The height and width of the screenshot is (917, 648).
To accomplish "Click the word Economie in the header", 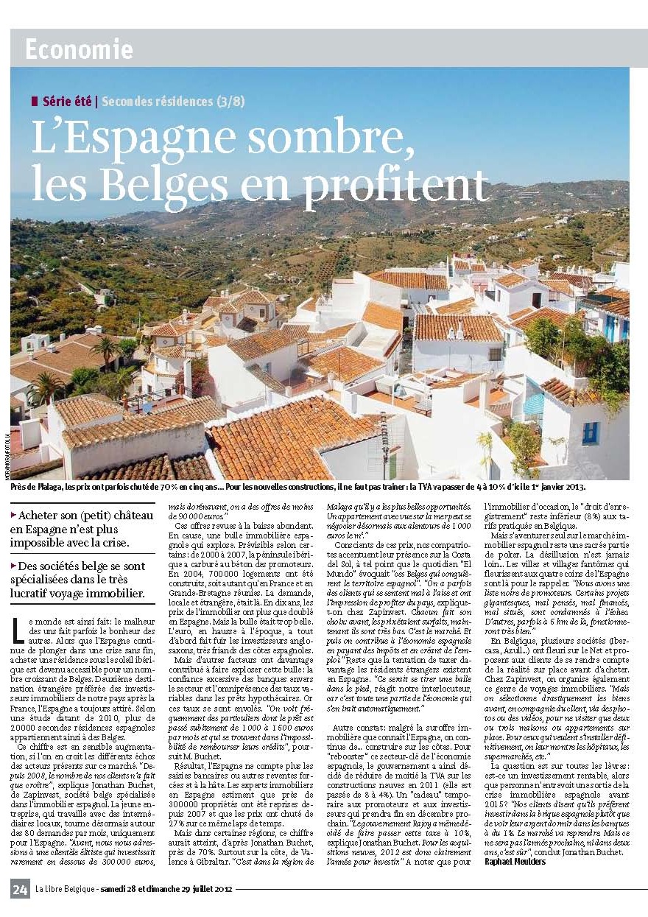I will (x=79, y=49).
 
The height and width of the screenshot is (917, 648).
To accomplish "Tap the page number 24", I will (x=20, y=889).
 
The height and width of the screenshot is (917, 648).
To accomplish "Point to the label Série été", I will (x=68, y=101).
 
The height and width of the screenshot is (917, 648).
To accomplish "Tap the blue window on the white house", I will (x=590, y=432).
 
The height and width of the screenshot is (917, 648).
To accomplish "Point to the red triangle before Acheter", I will (x=13, y=516).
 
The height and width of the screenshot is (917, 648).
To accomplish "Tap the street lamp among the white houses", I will (x=385, y=442).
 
